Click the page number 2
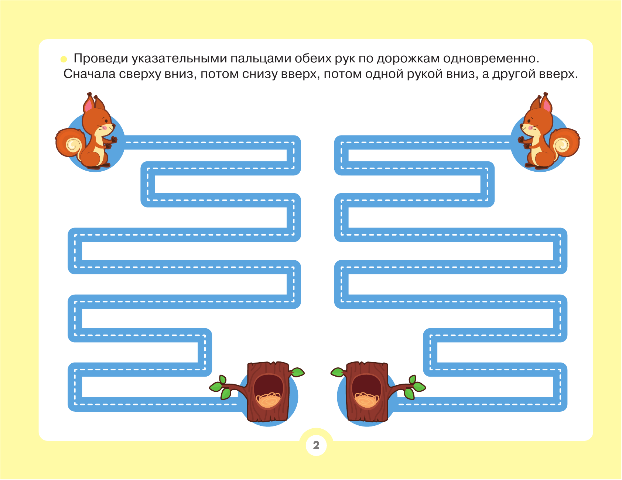(x=316, y=445)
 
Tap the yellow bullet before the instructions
(x=64, y=59)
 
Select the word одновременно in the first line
(x=491, y=59)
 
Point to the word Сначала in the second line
(x=90, y=74)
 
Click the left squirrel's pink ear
(x=88, y=106)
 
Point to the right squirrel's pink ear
(x=547, y=106)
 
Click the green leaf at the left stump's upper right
(x=297, y=372)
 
